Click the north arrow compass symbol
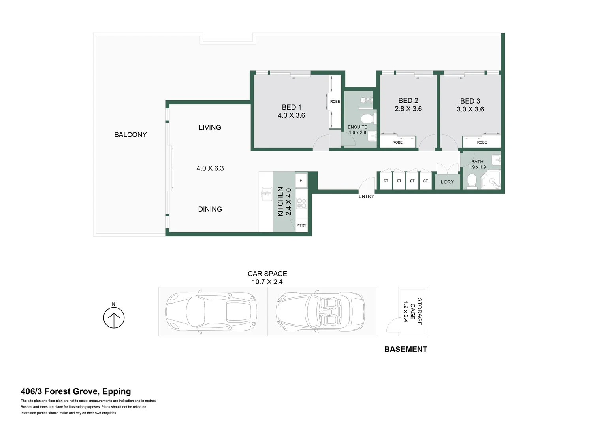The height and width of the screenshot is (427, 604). click(x=114, y=317)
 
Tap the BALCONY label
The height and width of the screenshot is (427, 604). click(x=130, y=135)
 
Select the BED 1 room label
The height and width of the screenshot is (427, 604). click(x=292, y=107)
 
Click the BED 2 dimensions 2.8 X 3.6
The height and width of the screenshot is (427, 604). click(x=408, y=109)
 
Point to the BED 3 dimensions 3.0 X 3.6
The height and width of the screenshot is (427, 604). click(x=470, y=110)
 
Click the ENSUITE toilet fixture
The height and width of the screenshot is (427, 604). click(x=367, y=118)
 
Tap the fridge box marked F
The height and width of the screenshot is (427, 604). click(x=301, y=181)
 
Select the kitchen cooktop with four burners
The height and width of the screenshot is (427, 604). click(x=301, y=203)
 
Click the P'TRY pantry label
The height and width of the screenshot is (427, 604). click(x=301, y=225)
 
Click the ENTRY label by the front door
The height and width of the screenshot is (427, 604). click(x=366, y=196)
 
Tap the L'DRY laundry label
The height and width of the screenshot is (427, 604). click(x=447, y=182)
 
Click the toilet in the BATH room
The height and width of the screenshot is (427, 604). click(x=472, y=181)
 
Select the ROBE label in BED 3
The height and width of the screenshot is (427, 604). click(x=482, y=142)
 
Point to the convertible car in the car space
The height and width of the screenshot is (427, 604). click(x=320, y=312)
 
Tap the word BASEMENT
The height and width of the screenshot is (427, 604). click(x=406, y=350)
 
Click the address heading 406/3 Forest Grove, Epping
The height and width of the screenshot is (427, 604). click(x=76, y=391)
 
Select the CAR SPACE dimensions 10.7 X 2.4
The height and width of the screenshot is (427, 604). click(x=267, y=282)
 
